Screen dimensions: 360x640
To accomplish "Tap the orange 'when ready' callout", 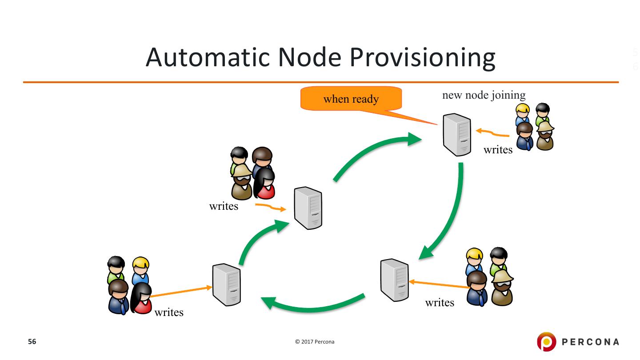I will tap(351, 98).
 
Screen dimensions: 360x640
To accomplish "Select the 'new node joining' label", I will tap(484, 95).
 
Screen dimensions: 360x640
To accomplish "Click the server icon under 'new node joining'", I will tap(456, 135).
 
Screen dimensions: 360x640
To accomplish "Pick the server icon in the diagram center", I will tap(308, 208).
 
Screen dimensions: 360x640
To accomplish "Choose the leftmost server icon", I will tap(226, 284).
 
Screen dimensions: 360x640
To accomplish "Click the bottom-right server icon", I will tap(395, 280).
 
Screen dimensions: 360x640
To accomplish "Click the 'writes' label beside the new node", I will tap(498, 150).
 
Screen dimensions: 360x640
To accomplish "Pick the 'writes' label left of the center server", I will tap(224, 206).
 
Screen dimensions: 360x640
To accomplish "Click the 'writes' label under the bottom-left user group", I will tap(169, 312).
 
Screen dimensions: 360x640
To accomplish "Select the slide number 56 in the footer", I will tap(32, 341).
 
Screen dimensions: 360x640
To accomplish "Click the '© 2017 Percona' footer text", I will tap(315, 342).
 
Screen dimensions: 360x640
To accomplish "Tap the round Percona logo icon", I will tap(547, 341).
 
